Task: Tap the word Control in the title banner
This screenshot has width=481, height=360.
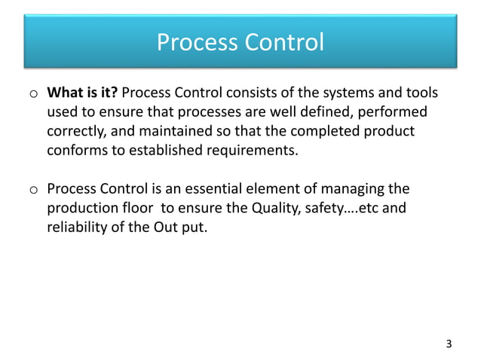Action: (x=283, y=43)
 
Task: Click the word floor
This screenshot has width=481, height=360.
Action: (x=133, y=206)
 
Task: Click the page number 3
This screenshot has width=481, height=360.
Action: (x=449, y=344)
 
